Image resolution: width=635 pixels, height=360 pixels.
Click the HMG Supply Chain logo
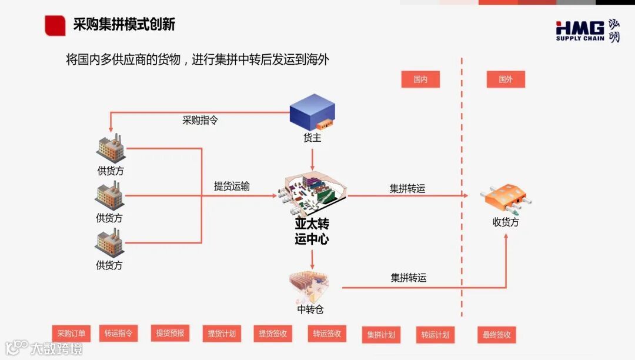pos(587,30)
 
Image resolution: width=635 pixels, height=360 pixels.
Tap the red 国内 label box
pos(420,79)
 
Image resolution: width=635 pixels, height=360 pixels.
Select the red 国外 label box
pos(506,79)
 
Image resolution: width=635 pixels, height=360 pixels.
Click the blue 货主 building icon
pos(312,112)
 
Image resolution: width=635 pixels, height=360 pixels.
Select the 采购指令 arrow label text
pos(200,120)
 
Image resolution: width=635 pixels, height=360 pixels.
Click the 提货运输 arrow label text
pos(232,186)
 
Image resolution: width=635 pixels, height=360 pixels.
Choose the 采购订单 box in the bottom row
pos(71,334)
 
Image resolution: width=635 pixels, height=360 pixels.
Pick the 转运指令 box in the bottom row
pos(118,334)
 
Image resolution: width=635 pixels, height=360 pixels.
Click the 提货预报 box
pos(170,334)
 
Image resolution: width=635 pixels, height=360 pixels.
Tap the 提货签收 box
pos(273,334)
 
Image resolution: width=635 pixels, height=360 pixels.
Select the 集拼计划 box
pos(381,335)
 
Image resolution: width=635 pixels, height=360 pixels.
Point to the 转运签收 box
pos(326,334)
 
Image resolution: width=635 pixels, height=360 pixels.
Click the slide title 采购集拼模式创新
pos(124,25)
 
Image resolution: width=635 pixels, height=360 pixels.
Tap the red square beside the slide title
pos(55,25)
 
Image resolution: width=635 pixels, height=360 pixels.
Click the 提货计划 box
pos(222,334)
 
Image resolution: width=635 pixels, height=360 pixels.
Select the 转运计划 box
pos(435,335)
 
